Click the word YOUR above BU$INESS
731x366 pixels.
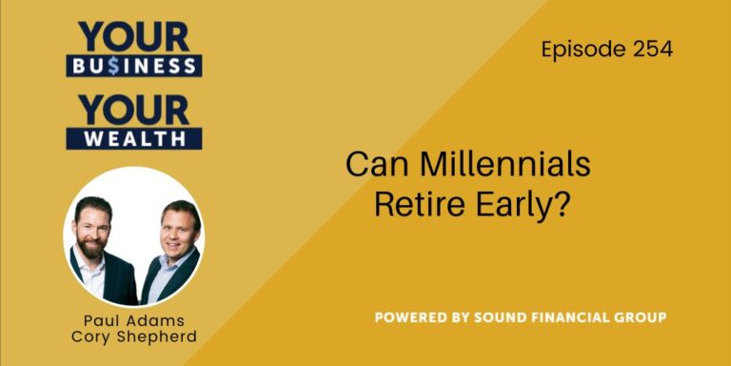pos(133,36)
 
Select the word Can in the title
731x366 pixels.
pos(370,165)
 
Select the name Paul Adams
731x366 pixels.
pos(133,320)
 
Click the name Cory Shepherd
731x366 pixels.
pos(133,338)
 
